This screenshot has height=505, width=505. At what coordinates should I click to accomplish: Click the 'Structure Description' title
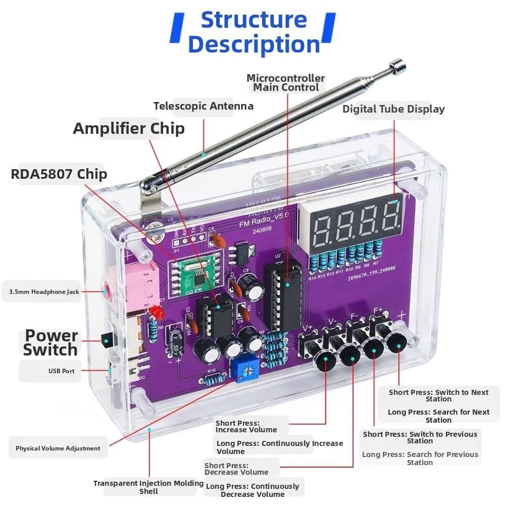coord(254,32)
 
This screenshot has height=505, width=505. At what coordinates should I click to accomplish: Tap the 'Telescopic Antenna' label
coord(203,106)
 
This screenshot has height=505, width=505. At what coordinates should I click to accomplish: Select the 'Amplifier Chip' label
coord(129,128)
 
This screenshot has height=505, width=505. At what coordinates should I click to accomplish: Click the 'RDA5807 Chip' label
coord(59,174)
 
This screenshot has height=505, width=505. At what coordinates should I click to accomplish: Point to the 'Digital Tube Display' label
coord(393,109)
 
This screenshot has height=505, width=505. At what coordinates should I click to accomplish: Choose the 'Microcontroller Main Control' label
coord(286,83)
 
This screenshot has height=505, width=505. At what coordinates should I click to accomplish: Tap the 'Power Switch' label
coord(51,343)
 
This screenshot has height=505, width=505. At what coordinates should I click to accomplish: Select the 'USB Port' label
coord(61,371)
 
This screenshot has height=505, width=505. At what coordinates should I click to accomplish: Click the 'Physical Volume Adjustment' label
coord(58,448)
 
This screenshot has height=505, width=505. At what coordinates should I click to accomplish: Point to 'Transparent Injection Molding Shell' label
coord(148,487)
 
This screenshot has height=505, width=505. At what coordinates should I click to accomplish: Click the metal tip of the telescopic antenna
coord(398,65)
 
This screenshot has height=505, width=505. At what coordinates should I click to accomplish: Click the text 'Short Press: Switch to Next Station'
coord(438,395)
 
